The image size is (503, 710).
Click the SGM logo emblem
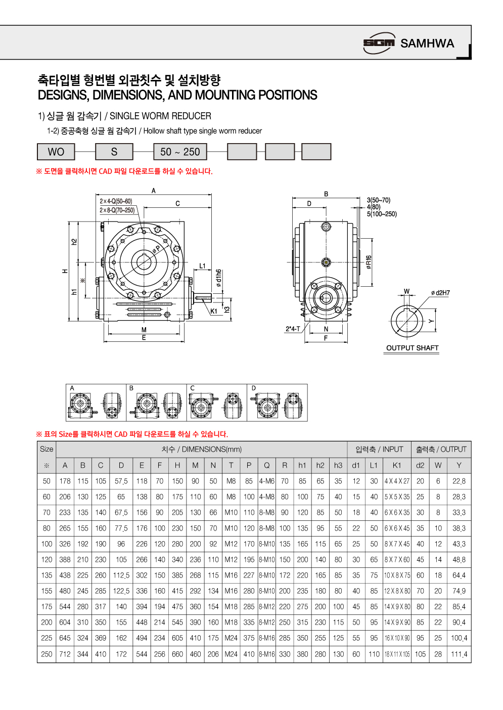379,43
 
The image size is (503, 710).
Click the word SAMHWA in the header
427,43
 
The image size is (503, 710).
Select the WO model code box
56,152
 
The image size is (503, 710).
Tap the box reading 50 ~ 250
180,152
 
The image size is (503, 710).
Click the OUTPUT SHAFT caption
412,348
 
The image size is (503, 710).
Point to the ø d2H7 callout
440,293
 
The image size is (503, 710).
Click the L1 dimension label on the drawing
203,266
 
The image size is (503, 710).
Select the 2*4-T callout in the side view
293,329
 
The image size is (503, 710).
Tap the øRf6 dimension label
369,262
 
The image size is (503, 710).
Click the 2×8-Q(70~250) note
117,210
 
